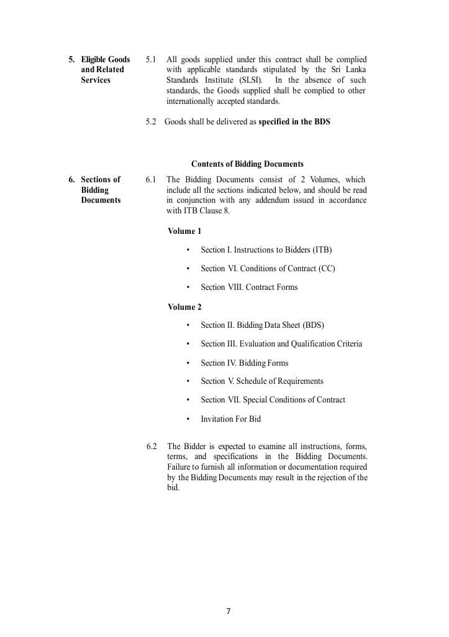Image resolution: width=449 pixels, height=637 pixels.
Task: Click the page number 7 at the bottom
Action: coord(228,611)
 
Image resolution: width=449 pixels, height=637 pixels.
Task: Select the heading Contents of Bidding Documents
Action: coord(247,164)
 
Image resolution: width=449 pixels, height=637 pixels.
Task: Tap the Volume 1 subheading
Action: coord(184,231)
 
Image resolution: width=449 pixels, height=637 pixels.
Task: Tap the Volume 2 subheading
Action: coord(184,307)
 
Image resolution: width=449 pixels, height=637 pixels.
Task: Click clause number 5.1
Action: coord(151,60)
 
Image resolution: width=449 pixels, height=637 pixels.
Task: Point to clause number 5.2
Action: coord(151,122)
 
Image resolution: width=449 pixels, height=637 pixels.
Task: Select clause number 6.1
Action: coord(151,180)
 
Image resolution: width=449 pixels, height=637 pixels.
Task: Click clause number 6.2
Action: coord(152,447)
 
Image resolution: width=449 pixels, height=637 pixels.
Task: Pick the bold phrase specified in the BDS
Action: coord(294,122)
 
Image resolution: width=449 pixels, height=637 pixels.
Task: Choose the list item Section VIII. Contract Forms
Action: coord(249,287)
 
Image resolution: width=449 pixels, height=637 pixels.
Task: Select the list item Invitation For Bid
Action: coord(230,419)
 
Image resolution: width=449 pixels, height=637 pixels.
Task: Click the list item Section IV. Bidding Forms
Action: coord(244,363)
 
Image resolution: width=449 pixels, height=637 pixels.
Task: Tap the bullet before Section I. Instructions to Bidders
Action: coord(188,251)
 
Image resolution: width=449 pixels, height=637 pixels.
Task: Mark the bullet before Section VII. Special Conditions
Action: coord(188,401)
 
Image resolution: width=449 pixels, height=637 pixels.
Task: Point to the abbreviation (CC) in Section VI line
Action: coord(327,269)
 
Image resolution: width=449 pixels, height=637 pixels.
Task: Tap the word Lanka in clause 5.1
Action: coord(355,70)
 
